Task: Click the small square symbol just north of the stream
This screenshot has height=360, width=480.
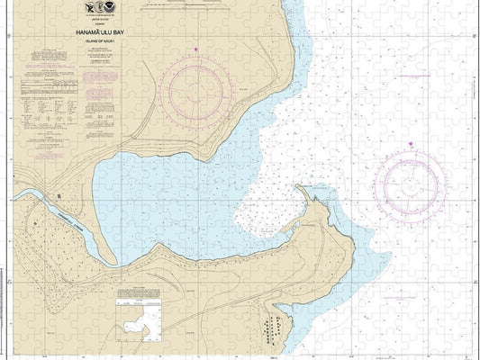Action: [x=59, y=193]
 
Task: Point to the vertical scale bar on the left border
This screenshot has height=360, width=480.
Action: [x=4, y=180]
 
